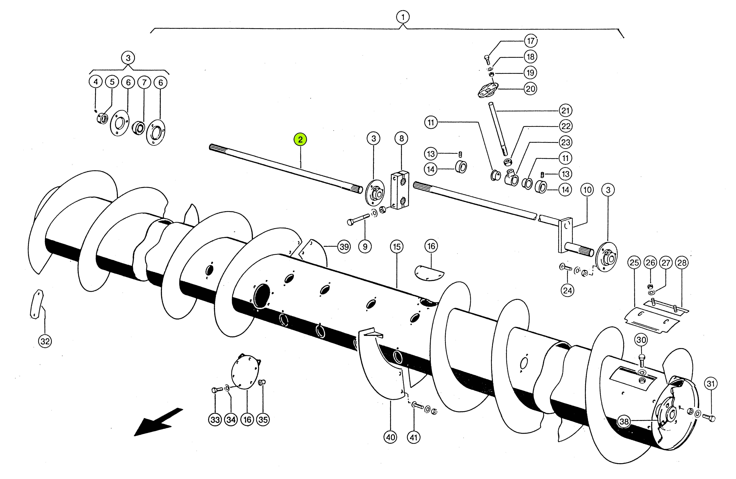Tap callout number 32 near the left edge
[45, 341]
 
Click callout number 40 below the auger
[391, 437]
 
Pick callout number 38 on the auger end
[624, 421]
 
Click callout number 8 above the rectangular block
[401, 138]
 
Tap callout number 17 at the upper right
[531, 41]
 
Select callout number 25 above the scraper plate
[634, 263]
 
